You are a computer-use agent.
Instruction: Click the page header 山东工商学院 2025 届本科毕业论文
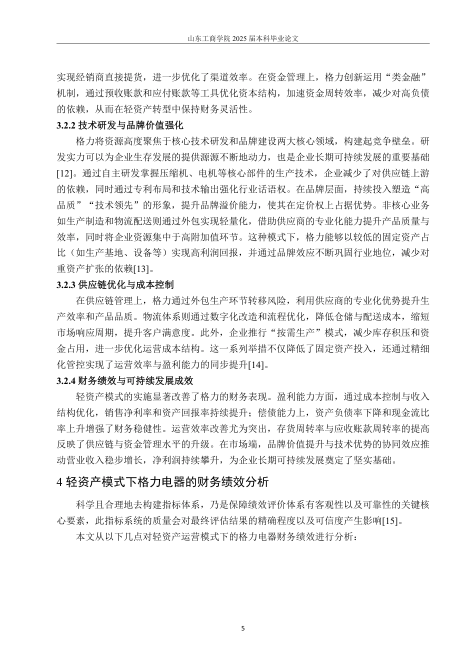coord(242,38)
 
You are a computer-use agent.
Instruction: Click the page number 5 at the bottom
coord(243,628)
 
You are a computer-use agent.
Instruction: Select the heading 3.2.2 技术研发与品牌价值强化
coord(120,125)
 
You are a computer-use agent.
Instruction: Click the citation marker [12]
coord(66,173)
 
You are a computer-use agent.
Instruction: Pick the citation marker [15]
coord(390,521)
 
